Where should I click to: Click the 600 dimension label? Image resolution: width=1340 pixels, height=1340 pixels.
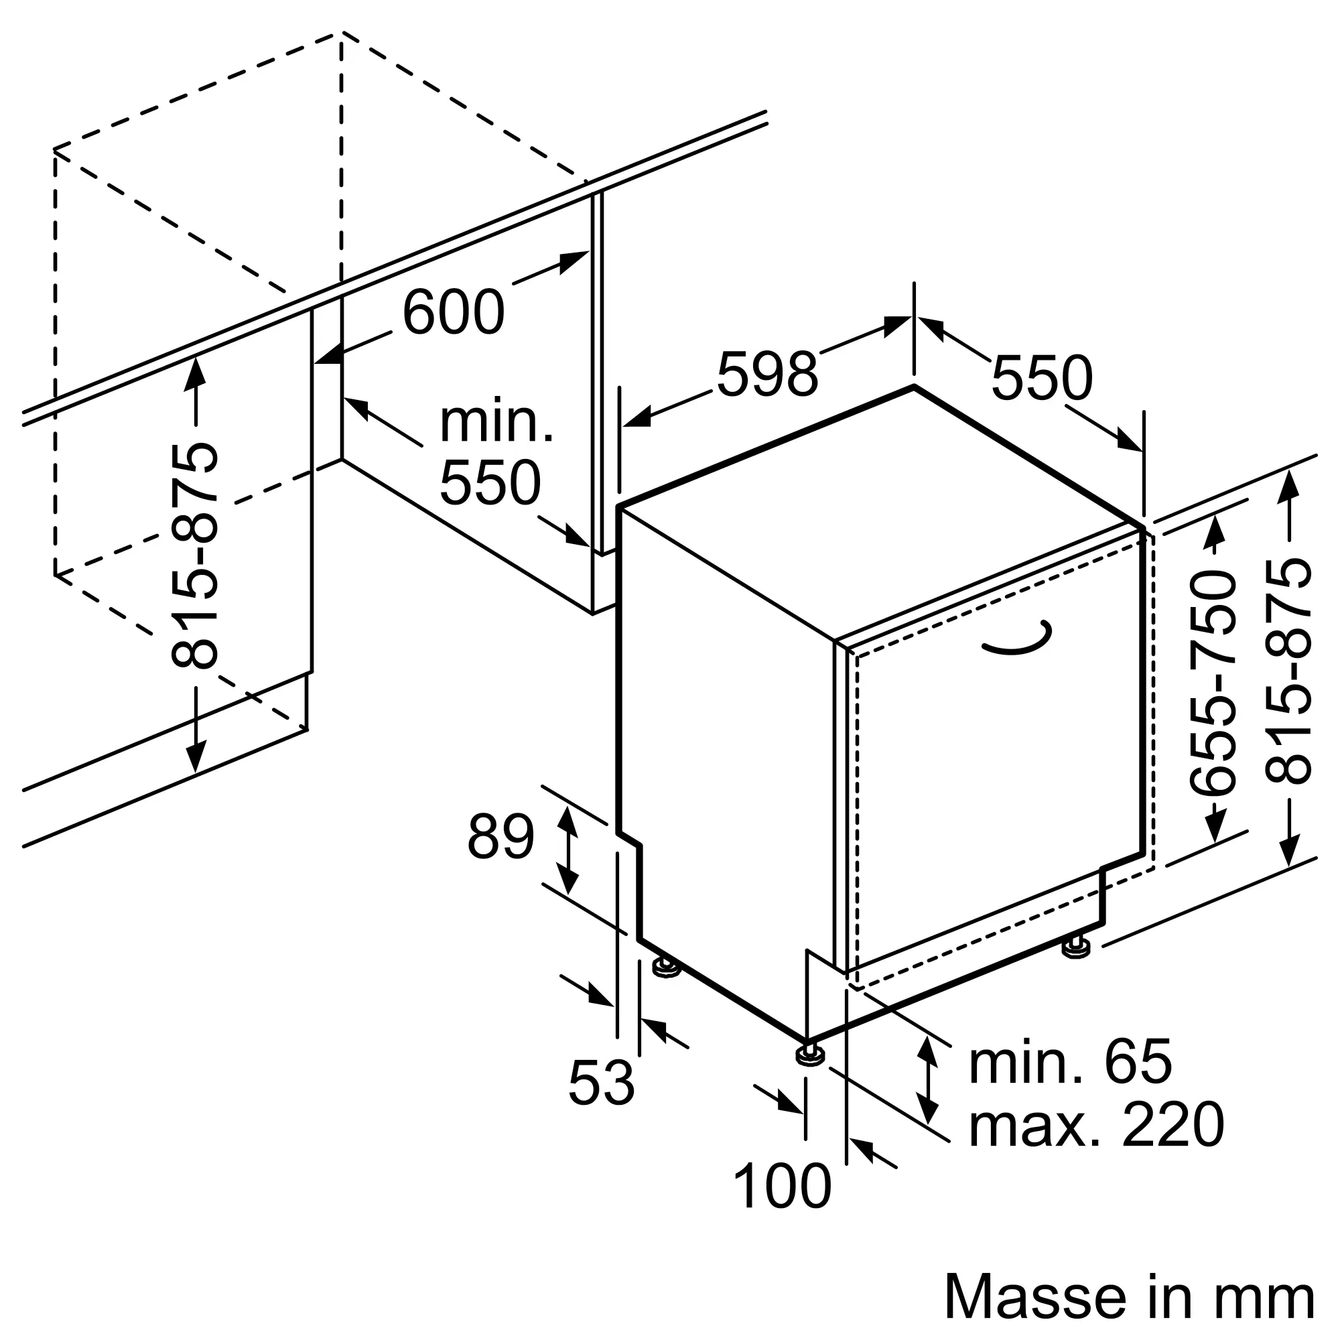click(453, 313)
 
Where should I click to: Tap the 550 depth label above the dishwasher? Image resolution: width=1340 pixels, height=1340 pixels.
click(1041, 379)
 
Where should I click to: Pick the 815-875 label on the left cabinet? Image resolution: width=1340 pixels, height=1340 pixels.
click(195, 555)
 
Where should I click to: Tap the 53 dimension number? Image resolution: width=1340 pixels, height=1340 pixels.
click(600, 1083)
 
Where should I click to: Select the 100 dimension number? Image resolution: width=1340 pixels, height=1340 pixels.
click(782, 1187)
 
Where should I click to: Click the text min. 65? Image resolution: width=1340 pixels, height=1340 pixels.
click(1069, 1061)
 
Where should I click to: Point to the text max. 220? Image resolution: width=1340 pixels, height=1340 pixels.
click(1096, 1125)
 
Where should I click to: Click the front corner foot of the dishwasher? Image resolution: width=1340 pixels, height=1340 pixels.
click(807, 1073)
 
